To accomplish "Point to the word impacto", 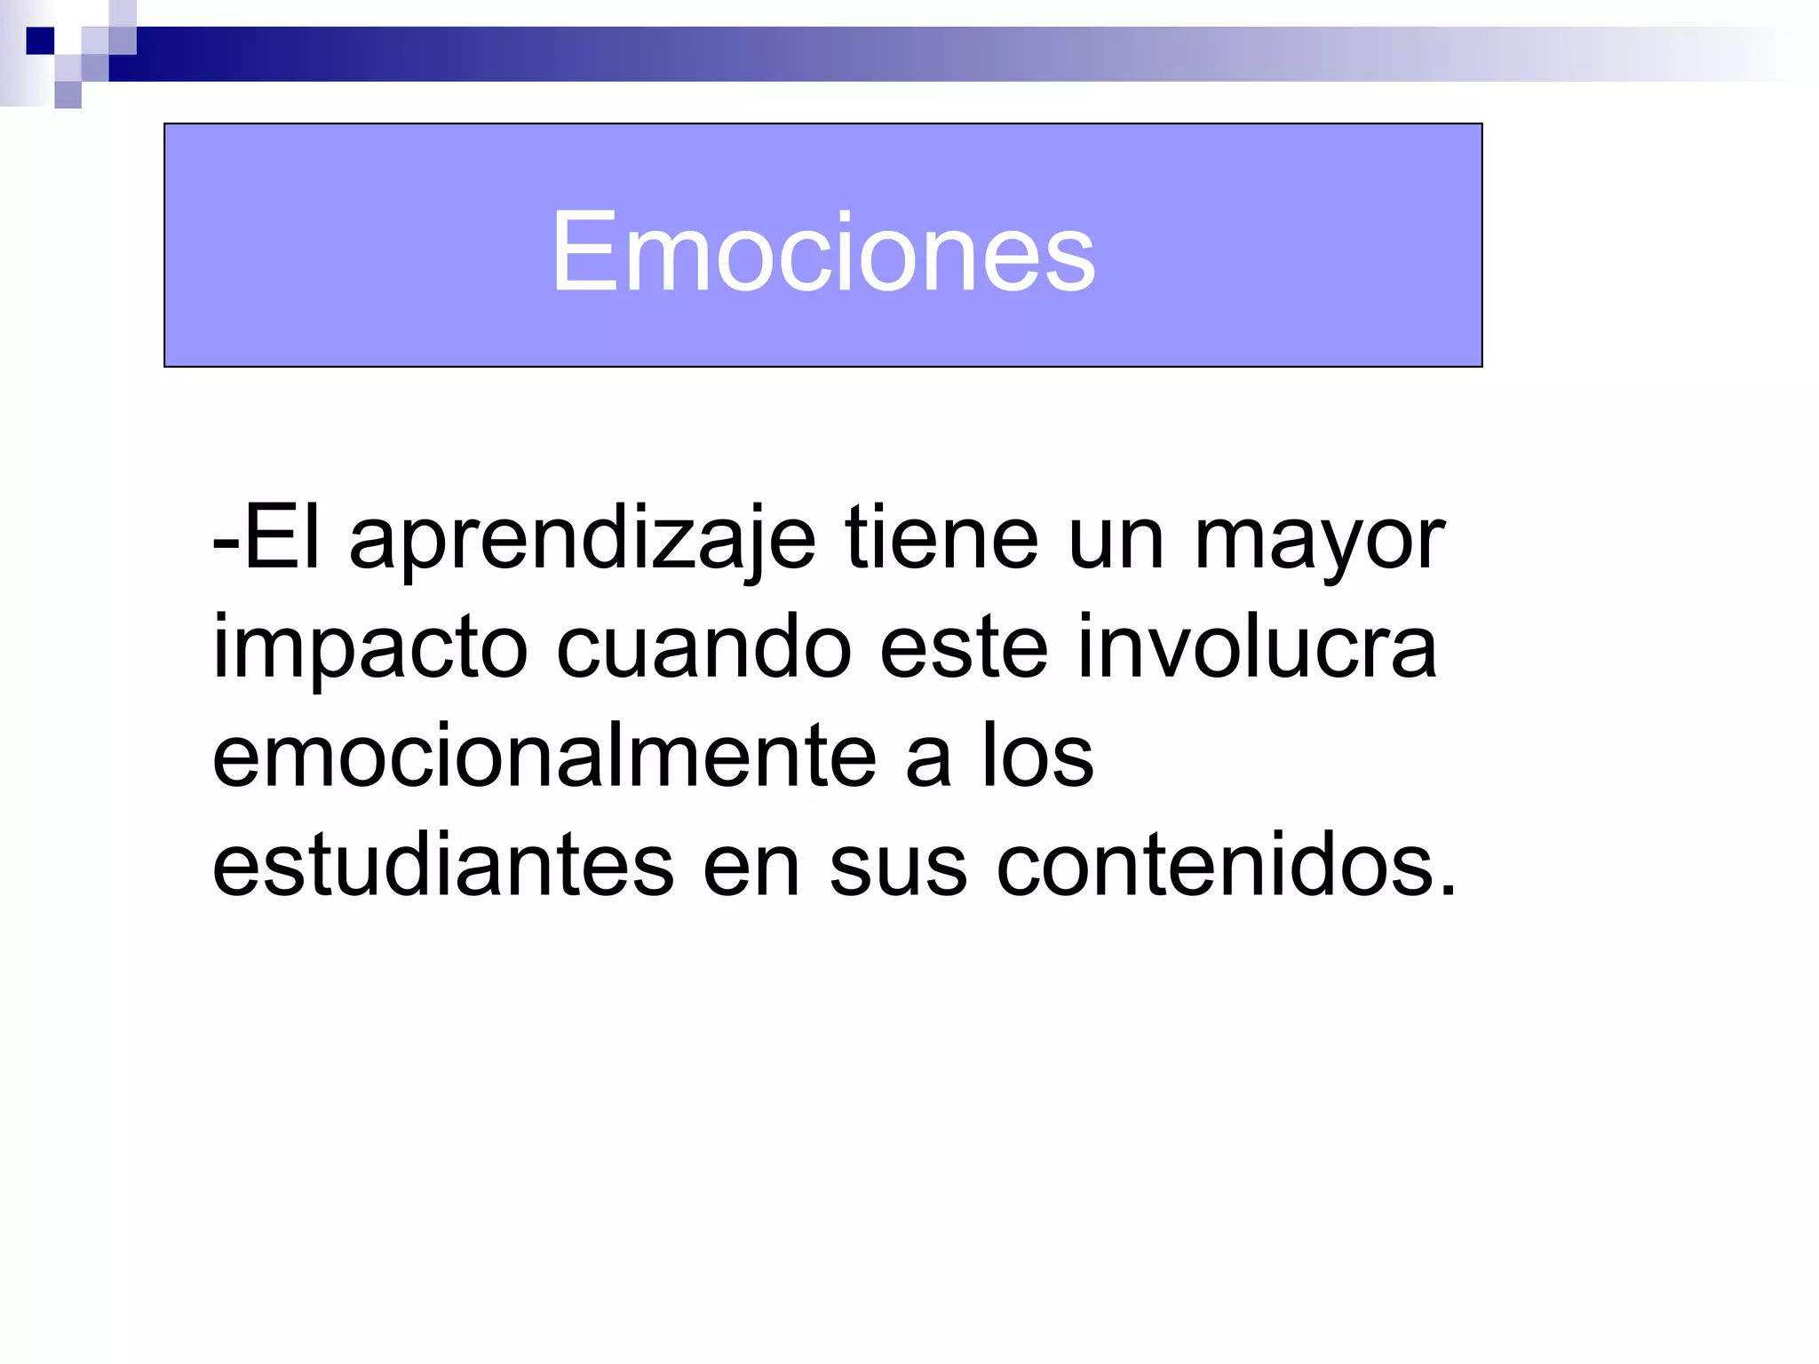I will coord(370,648).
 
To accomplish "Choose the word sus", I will coord(898,867).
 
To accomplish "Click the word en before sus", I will coord(751,867).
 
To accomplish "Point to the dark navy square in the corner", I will coord(40,41).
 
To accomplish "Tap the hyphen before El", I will coord(225,542).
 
